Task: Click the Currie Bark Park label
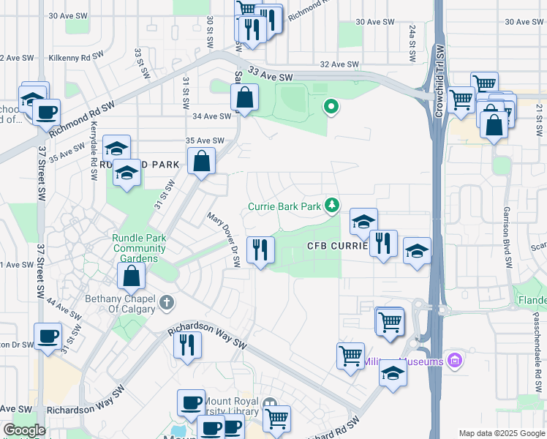(x=284, y=207)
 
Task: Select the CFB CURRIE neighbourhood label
(x=336, y=246)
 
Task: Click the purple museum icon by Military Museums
(x=456, y=361)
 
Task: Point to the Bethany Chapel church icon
(x=167, y=302)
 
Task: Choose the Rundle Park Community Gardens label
(x=139, y=248)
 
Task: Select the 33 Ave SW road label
(x=270, y=75)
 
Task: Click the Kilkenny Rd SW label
(x=76, y=56)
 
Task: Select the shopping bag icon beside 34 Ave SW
(x=244, y=97)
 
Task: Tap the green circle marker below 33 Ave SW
(x=331, y=108)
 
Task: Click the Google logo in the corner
(x=25, y=430)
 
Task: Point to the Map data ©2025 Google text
(x=502, y=433)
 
